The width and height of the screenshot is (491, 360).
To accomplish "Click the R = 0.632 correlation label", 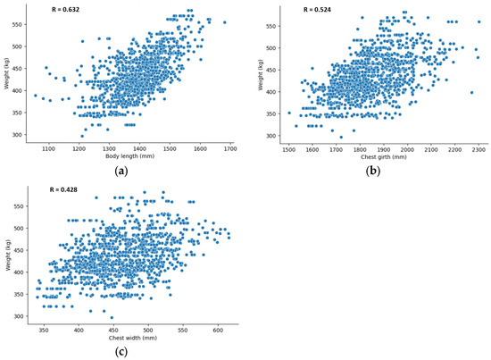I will pyautogui.click(x=62, y=9).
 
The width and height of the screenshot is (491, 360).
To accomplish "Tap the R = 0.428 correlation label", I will pyautogui.click(x=62, y=187).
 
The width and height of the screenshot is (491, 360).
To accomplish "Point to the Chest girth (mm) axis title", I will pyautogui.click(x=381, y=157).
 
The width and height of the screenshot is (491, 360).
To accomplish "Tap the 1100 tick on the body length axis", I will pyautogui.click(x=48, y=149).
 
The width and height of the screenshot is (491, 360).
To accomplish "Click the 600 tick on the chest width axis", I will pyautogui.click(x=218, y=329).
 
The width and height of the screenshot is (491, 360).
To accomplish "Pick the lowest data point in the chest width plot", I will pyautogui.click(x=112, y=317).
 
